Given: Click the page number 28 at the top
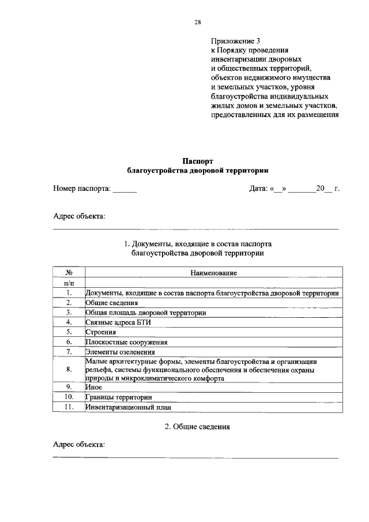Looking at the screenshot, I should tap(197, 22).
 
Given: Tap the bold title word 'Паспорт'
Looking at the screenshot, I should tap(198, 161).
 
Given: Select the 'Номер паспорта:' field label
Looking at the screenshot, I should tap(81, 189).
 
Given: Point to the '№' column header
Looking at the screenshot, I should tap(69, 272).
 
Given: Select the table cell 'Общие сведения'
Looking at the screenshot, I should tap(112, 303).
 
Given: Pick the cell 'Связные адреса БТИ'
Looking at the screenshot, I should tap(118, 322).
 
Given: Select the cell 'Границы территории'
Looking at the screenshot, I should tap(119, 397).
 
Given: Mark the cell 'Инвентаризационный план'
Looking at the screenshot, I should tap(129, 407).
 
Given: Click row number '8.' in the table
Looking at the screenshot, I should tap(69, 369).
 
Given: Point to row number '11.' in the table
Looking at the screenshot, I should tap(69, 407).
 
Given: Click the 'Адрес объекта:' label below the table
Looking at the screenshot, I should tap(79, 445).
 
